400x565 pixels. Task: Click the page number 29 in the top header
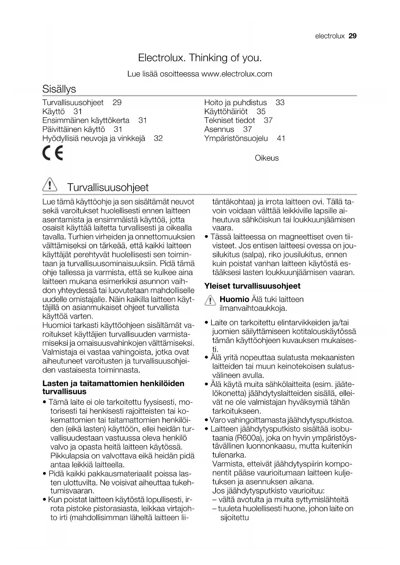tap(353, 36)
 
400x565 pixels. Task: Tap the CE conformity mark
tap(53, 153)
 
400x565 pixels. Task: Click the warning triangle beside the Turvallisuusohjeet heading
tap(49, 186)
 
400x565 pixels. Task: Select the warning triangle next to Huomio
tap(210, 301)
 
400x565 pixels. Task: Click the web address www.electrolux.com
tap(237, 74)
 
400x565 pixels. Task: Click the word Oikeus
tap(267, 158)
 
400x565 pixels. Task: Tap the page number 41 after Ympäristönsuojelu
tap(281, 139)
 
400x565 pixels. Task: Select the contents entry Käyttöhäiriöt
tap(226, 111)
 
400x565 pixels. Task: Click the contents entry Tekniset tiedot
tap(229, 120)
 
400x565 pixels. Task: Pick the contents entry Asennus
tap(219, 129)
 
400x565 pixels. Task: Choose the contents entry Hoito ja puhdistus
tap(236, 102)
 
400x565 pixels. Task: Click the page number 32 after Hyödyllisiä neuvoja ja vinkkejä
tap(158, 139)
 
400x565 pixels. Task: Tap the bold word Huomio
tap(234, 299)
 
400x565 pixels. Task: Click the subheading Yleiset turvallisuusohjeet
tap(252, 286)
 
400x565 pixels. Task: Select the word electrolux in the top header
tap(330, 36)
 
